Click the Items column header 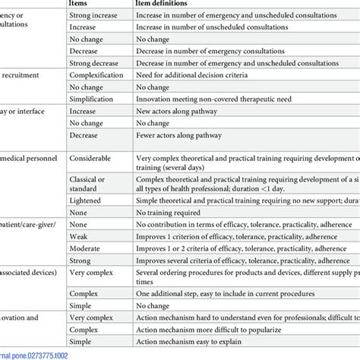click(83, 5)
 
